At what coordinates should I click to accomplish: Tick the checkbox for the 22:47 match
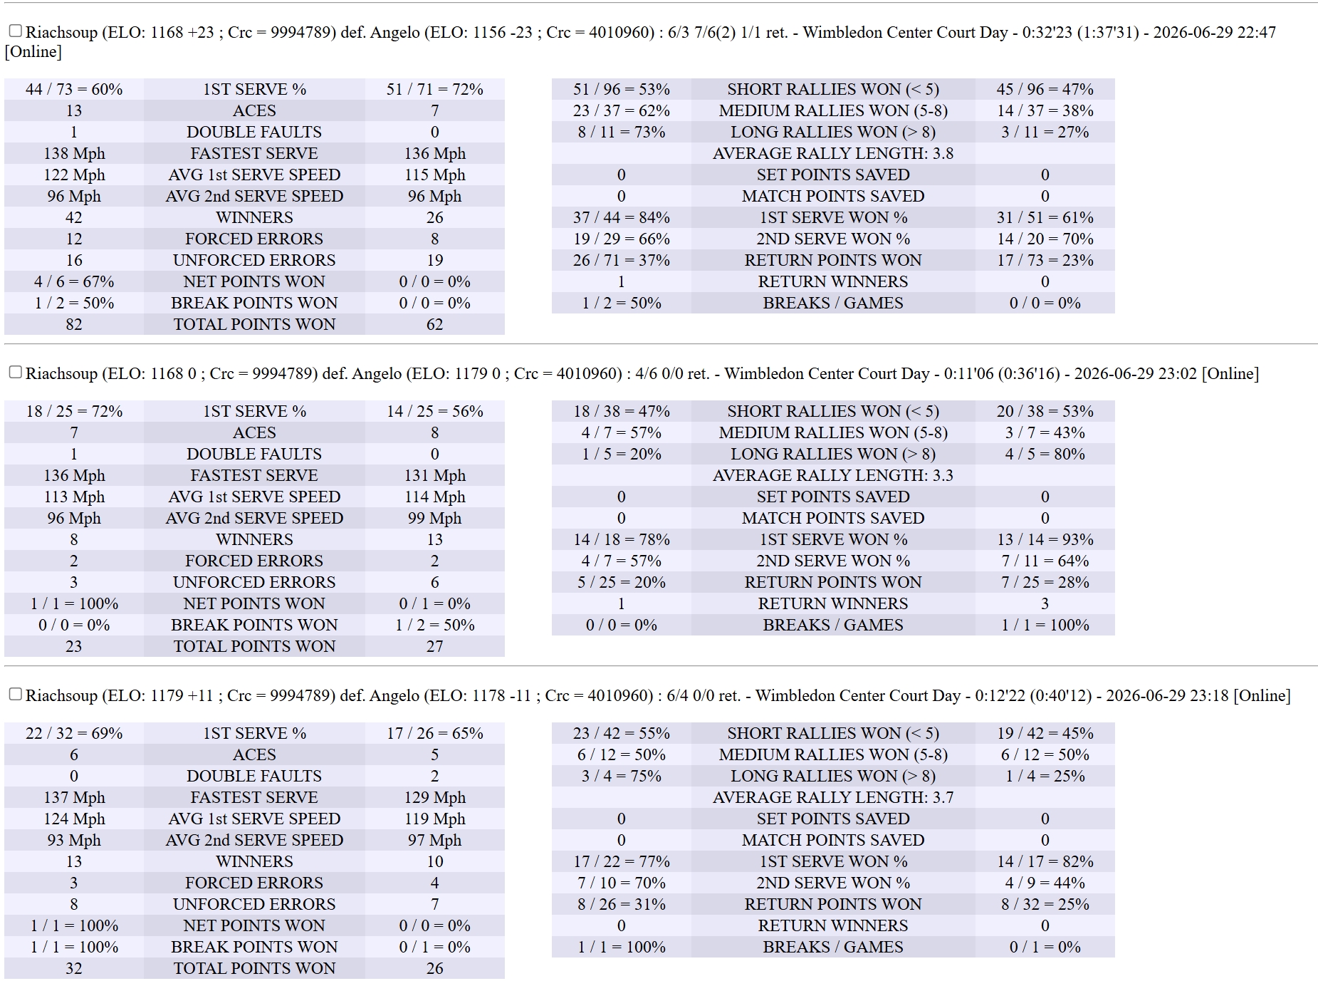[x=15, y=31]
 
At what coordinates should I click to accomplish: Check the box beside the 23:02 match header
[x=15, y=372]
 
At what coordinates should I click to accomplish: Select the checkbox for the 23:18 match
[x=15, y=694]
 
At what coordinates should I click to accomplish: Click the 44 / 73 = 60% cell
[x=74, y=89]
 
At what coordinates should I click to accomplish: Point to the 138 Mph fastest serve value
[x=74, y=153]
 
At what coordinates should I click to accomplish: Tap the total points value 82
[x=74, y=324]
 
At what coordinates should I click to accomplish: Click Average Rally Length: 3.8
[x=833, y=153]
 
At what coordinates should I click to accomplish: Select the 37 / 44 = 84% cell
[x=622, y=217]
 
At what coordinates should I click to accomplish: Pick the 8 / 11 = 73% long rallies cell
[x=622, y=132]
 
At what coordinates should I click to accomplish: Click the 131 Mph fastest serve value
[x=435, y=475]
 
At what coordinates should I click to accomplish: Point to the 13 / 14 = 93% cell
[x=1045, y=539]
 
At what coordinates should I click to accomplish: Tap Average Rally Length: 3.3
[x=833, y=475]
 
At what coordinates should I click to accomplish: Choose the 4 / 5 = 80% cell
[x=1045, y=454]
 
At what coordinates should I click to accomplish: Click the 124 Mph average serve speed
[x=74, y=819]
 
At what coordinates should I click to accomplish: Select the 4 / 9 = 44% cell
[x=1045, y=883]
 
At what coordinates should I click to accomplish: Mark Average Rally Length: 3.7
[x=833, y=797]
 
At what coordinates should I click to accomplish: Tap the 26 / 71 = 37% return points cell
[x=622, y=260]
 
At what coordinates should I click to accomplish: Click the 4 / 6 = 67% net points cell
[x=74, y=281]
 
